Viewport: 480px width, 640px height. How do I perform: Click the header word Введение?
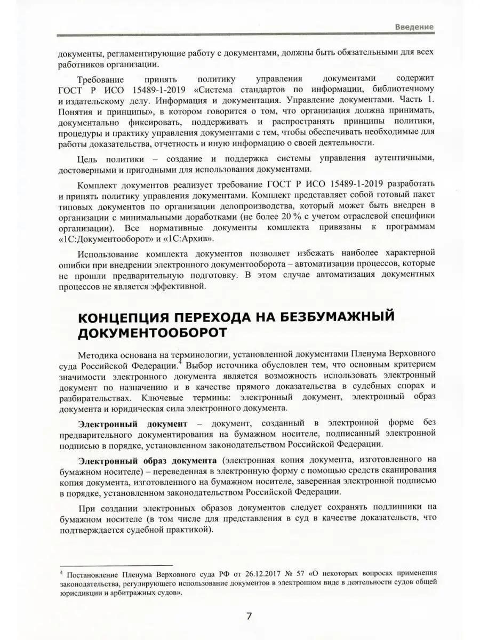coord(414,27)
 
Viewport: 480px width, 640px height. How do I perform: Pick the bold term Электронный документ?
coord(132,424)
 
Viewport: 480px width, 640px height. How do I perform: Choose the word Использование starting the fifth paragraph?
coord(111,252)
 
